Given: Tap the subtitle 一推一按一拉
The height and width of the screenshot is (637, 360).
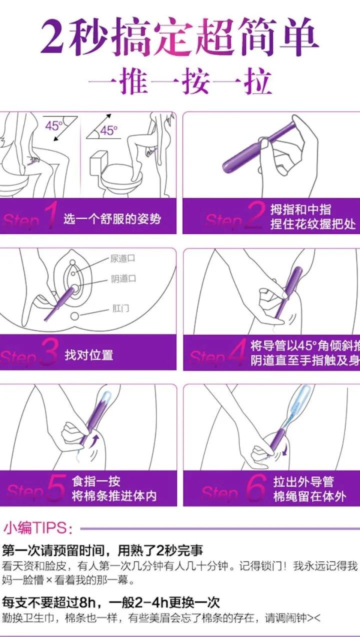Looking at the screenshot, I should (180, 81).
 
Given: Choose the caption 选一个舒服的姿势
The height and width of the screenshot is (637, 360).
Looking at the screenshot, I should (112, 219).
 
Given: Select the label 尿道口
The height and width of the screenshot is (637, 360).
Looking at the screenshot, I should (122, 259).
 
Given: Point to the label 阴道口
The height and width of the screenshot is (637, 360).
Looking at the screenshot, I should (123, 279).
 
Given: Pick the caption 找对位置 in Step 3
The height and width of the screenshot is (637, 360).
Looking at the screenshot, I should (89, 355).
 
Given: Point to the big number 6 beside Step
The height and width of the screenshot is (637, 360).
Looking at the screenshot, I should (255, 489).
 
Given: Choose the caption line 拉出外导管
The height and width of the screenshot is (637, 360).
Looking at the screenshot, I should (303, 482).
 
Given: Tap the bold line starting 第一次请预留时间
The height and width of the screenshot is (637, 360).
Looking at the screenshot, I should (102, 551).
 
